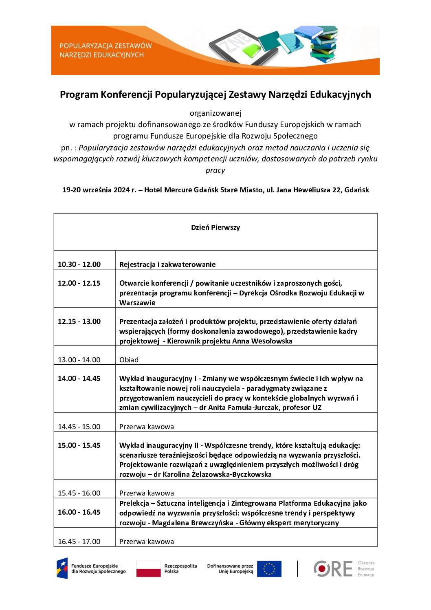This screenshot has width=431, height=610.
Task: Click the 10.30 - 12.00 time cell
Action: coord(79,264)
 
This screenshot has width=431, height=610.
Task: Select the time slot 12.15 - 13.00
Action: coord(79,322)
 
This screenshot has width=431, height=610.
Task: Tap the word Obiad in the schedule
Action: coord(129,360)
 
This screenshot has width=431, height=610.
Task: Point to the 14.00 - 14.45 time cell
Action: coord(79,379)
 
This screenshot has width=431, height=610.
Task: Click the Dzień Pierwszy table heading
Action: coord(215,227)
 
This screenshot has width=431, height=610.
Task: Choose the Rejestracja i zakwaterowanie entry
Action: coord(167,264)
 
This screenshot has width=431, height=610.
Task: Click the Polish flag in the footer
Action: coord(148,568)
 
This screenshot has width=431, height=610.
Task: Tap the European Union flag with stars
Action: coord(269,569)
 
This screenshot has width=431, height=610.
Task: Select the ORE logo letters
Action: coord(333,569)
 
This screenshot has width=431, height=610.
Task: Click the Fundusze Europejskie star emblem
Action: coord(62,568)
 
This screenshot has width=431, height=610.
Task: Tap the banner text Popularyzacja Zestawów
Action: coord(106,46)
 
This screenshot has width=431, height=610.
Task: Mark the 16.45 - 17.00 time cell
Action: coord(79,542)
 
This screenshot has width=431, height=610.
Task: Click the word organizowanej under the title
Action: coord(215,113)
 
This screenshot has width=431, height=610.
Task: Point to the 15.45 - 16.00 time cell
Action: coord(79,493)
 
